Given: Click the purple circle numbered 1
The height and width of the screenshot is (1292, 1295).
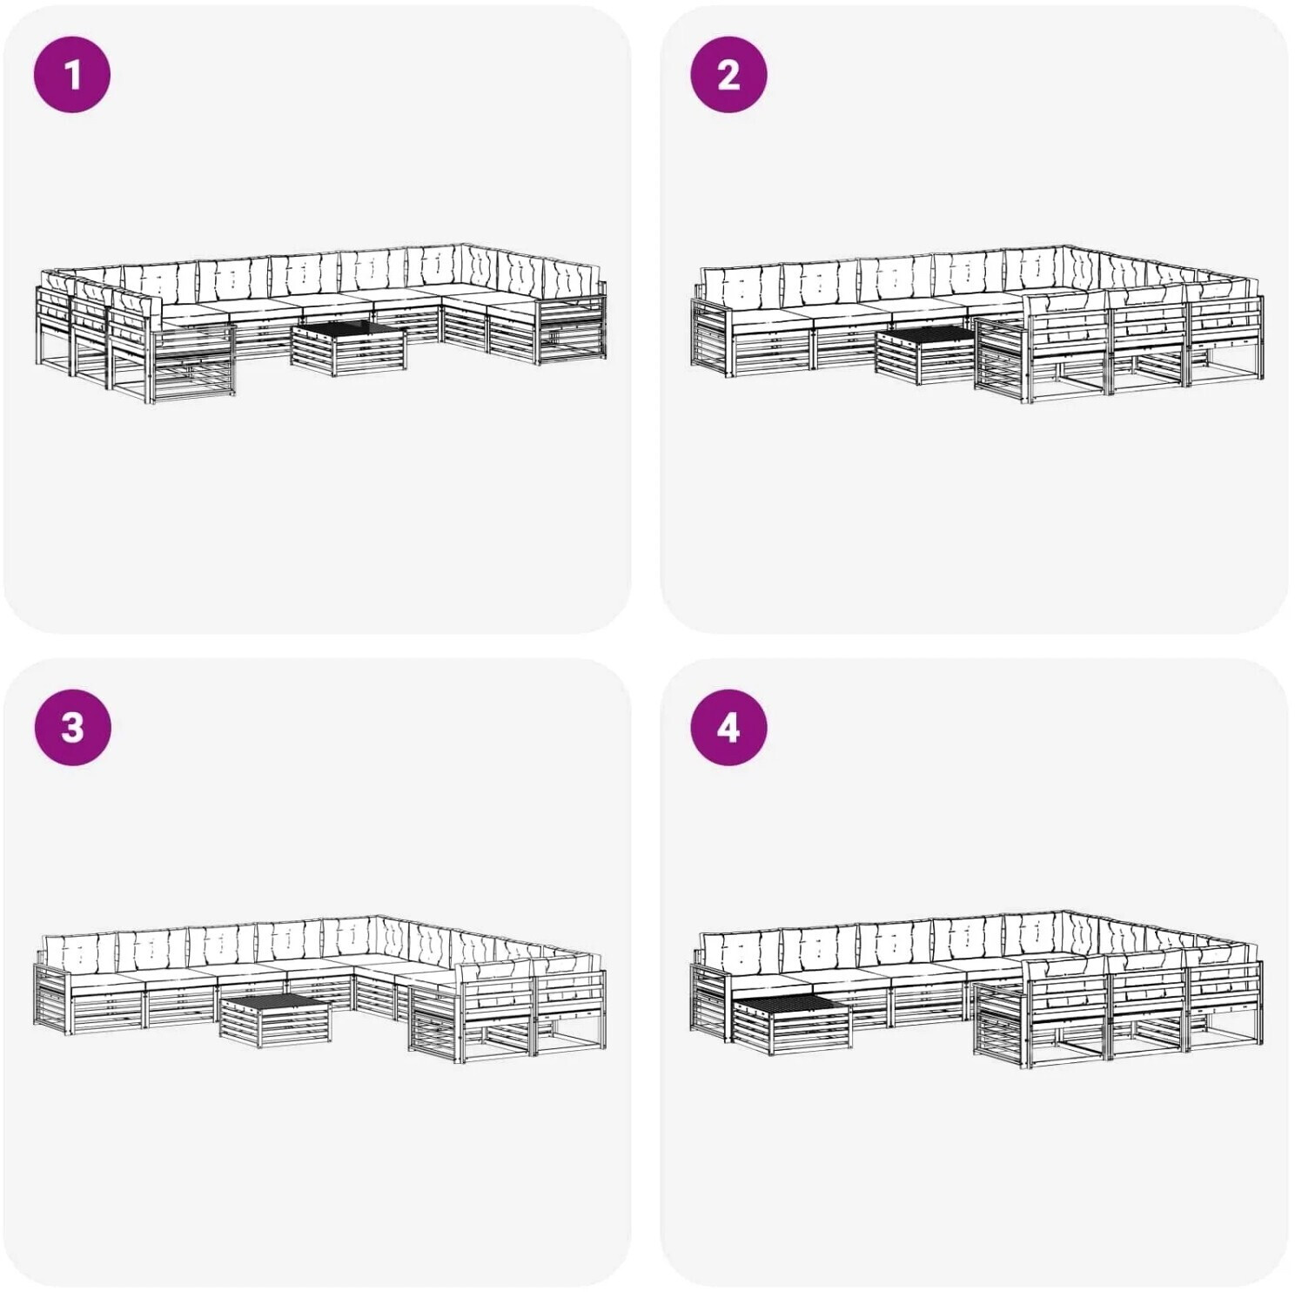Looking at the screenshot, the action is (72, 74).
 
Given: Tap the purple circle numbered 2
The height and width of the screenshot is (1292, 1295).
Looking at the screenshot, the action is (728, 74).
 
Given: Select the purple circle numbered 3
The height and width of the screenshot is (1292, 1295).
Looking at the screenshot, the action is (72, 727).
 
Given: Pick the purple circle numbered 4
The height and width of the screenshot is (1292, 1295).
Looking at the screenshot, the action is (728, 727).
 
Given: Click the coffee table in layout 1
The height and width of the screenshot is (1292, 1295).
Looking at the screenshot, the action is (349, 348).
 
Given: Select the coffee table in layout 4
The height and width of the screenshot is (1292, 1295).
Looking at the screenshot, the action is (793, 1024).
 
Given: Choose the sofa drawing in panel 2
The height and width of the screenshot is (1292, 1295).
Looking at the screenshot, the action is (976, 324).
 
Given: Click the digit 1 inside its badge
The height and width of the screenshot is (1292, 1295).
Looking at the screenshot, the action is (72, 75).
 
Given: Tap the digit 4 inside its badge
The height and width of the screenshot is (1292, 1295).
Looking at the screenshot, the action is (728, 728).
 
